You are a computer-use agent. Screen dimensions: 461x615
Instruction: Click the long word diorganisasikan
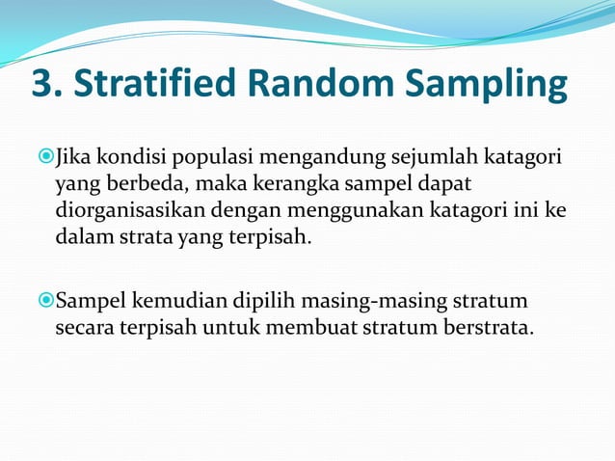pos(122,210)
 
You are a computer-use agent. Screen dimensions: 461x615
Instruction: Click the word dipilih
pos(246,303)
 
